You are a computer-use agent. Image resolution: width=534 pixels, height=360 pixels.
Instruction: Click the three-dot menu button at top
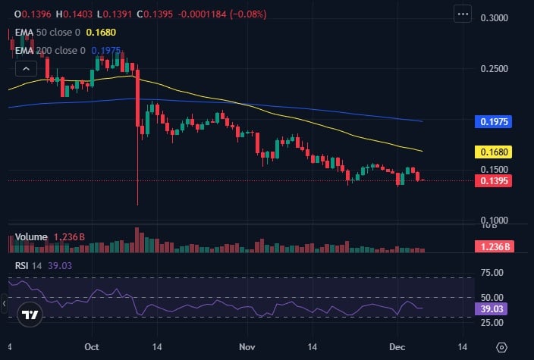(463, 14)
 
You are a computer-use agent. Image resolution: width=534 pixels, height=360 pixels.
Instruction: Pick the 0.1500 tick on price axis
(495, 170)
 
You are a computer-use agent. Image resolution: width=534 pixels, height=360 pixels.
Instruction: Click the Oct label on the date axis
(93, 347)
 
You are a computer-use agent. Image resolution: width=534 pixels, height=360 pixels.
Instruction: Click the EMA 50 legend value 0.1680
(101, 33)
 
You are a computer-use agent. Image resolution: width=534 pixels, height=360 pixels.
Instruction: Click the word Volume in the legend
(31, 237)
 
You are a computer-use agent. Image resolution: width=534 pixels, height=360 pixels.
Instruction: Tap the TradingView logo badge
(30, 315)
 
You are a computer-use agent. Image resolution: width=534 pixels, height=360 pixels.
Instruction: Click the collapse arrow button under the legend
(26, 68)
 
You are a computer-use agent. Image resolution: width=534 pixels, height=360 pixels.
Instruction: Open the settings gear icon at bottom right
(501, 347)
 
